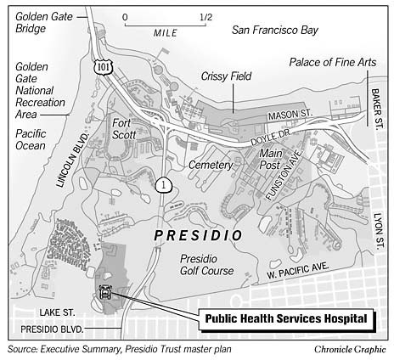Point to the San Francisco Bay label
pos(275,31)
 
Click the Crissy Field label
pos(223,76)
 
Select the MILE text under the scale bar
pos(166,32)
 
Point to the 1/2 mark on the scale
pos(205,17)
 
